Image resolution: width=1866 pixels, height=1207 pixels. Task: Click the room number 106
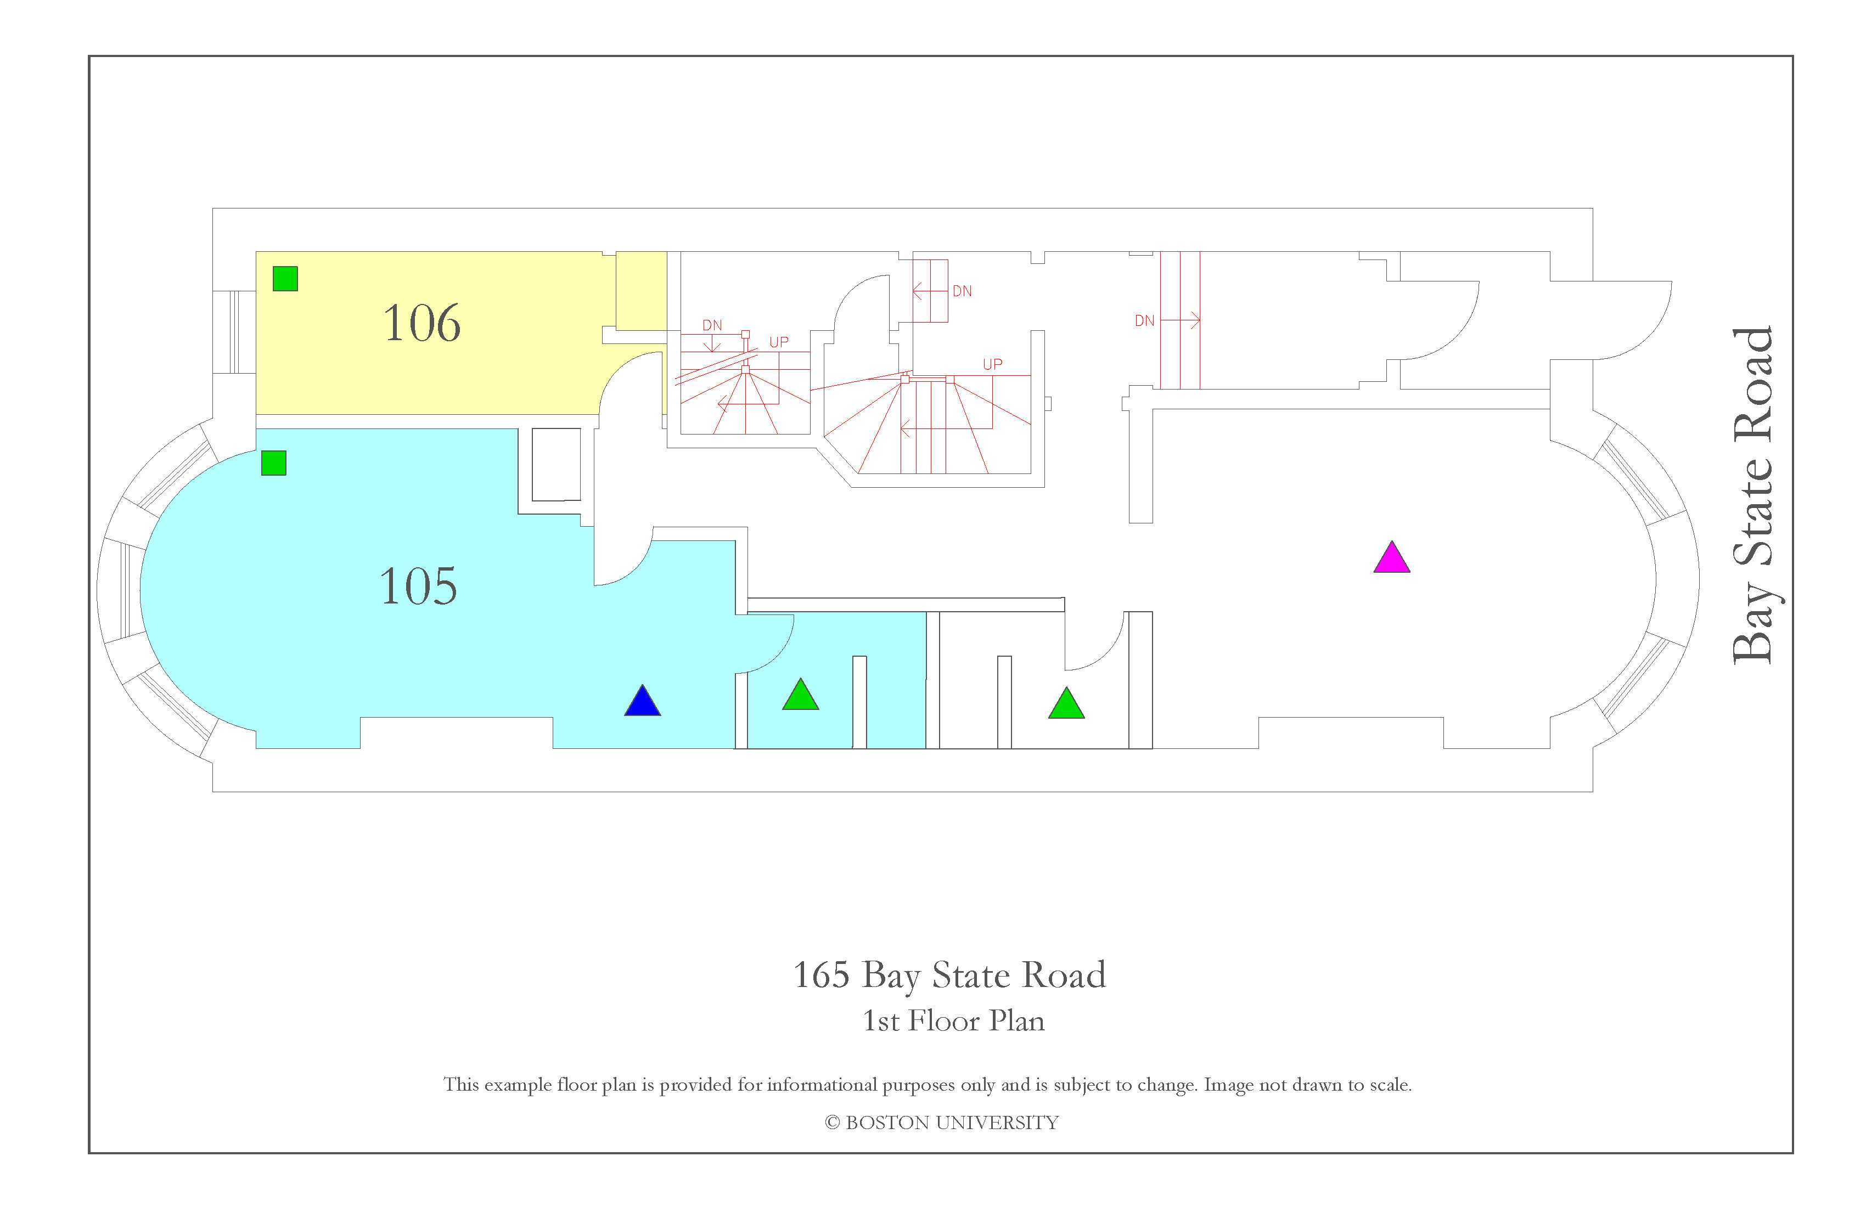pos(422,323)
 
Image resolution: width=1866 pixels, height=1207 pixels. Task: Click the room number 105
pos(418,586)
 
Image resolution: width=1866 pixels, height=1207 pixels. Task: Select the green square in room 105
pos(274,463)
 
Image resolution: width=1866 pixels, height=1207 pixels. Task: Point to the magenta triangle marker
pos(1392,558)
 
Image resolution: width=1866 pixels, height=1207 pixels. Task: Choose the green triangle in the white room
pos(1066,704)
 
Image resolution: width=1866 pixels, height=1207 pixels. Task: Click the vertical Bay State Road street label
pos(1753,495)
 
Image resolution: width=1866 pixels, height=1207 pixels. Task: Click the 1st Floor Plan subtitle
pos(953,1021)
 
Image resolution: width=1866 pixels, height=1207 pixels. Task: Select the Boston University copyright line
pos(942,1123)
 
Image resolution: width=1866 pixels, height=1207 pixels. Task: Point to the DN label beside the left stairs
pos(712,325)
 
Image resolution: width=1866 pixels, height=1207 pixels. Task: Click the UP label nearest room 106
pos(779,342)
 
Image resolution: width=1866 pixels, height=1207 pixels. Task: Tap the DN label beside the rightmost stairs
pos(1145,320)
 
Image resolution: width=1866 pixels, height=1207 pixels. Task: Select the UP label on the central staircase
pos(993,364)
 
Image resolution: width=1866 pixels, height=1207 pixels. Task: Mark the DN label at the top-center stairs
pos(962,291)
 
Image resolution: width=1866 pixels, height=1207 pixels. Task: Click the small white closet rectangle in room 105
pos(557,465)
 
